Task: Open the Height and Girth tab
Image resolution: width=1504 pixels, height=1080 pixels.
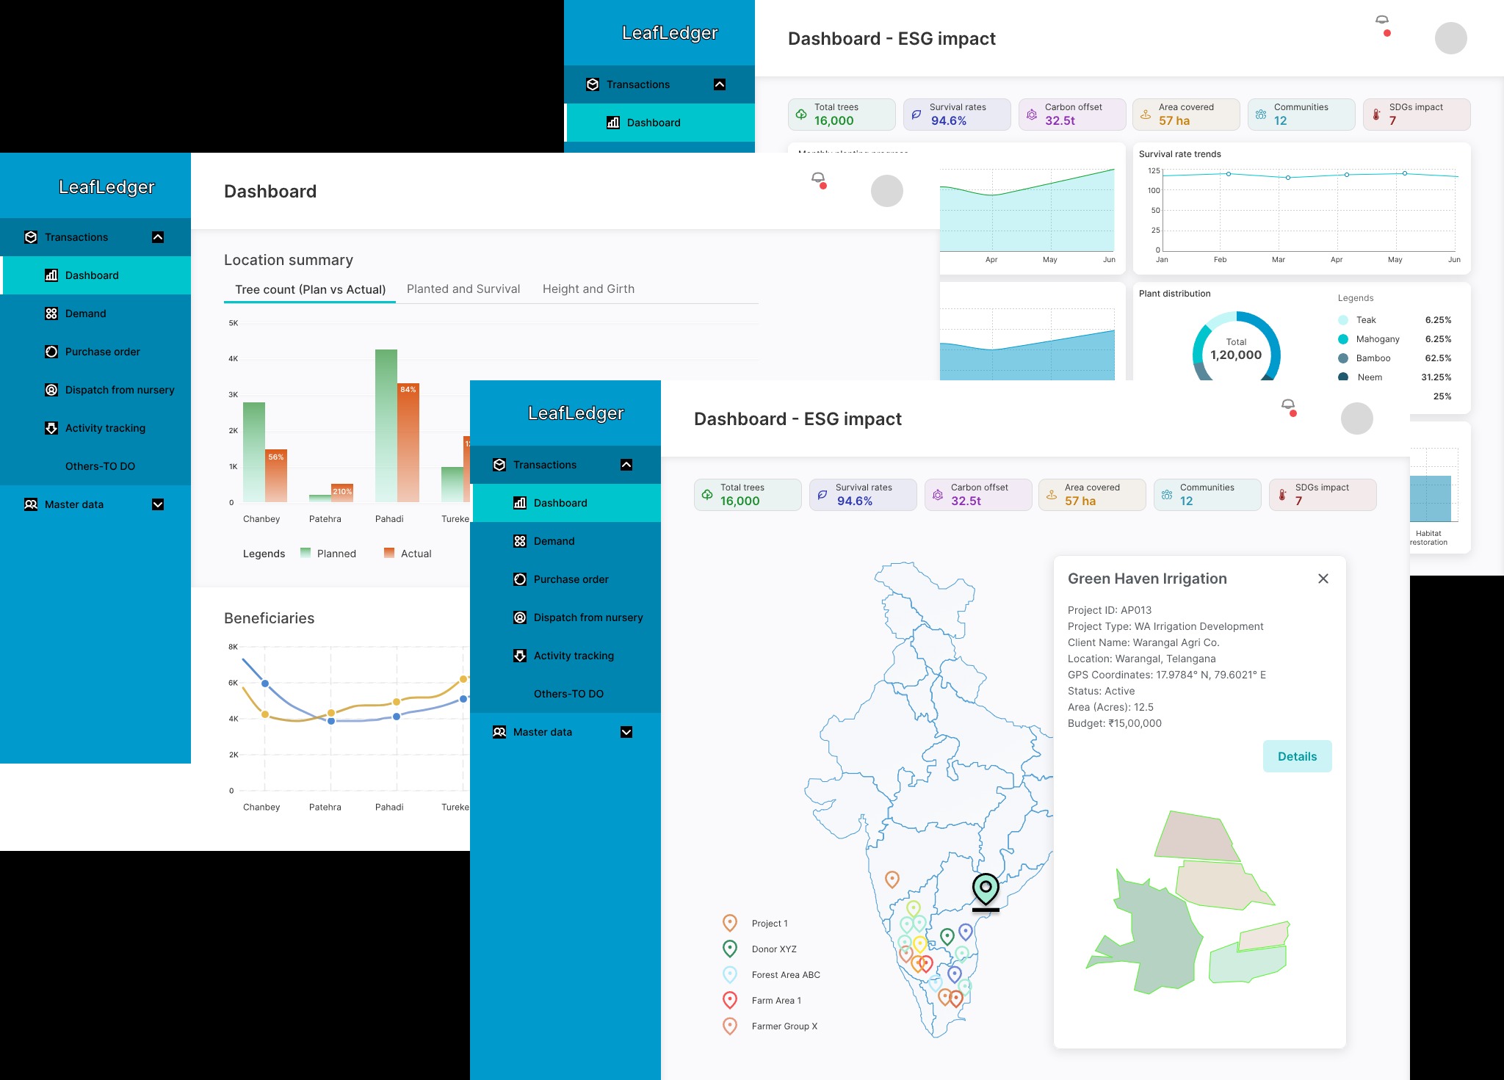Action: [588, 289]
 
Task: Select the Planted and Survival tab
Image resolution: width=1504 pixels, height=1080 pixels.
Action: [463, 289]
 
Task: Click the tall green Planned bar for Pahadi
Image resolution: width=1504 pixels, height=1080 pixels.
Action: [386, 426]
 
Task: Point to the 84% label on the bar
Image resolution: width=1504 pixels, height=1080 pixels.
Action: [408, 389]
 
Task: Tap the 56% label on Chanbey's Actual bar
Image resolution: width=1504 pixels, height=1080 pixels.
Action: [276, 457]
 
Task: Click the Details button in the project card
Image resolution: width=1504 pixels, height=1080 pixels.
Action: [1297, 756]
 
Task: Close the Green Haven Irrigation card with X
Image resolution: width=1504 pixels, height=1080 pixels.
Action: [1323, 579]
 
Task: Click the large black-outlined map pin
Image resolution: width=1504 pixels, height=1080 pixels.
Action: [986, 889]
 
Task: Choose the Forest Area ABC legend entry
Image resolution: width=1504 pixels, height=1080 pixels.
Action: [785, 975]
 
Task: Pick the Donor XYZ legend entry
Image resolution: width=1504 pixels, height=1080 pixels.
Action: [773, 949]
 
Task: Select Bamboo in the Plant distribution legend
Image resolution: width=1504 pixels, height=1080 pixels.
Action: [1373, 358]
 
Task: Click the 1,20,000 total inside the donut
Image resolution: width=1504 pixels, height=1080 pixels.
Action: [1236, 355]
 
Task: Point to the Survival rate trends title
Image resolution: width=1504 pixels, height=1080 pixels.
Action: [1180, 154]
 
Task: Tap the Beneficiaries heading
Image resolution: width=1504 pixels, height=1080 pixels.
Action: [270, 618]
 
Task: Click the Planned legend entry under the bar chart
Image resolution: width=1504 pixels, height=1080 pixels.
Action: [336, 554]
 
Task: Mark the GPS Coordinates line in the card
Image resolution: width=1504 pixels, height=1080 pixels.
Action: [1166, 675]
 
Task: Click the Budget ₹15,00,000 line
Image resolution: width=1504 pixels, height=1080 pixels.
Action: [1114, 723]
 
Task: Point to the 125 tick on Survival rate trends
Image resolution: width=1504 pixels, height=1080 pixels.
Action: [1154, 171]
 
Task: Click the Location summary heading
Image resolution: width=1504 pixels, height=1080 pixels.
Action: [289, 260]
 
